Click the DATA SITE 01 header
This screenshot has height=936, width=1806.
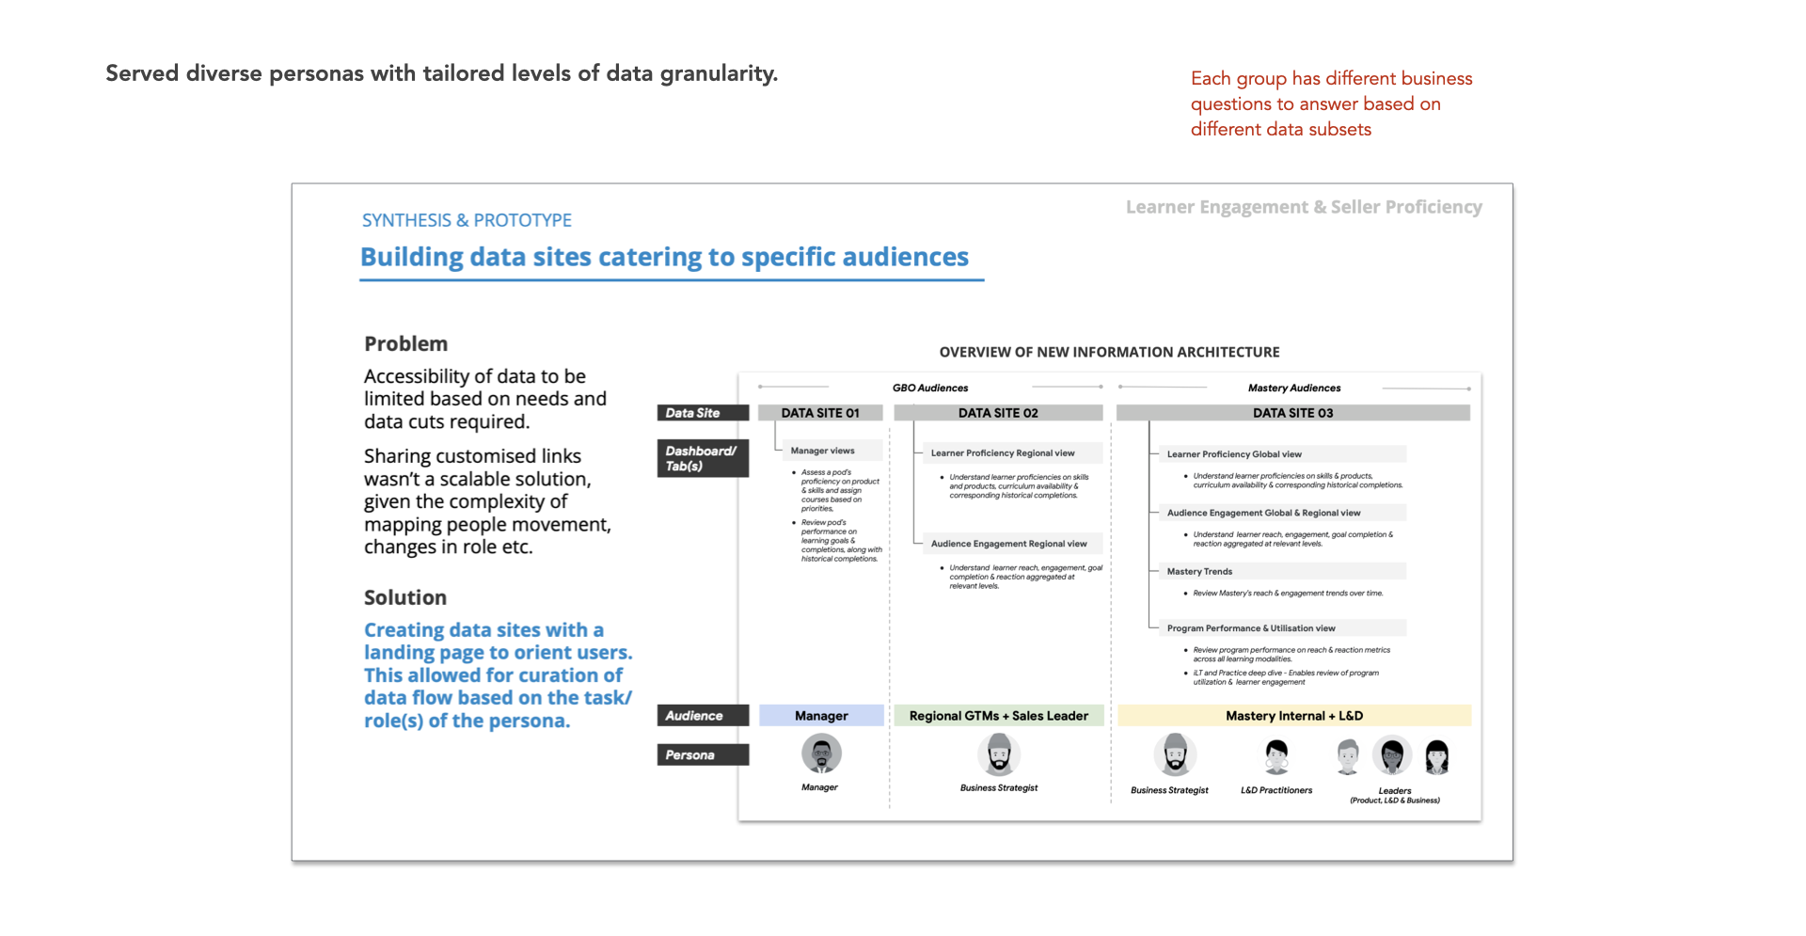coord(820,413)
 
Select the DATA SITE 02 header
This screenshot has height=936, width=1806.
coord(998,413)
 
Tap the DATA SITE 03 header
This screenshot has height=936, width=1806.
coord(1292,413)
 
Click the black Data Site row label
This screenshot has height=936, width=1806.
coord(703,413)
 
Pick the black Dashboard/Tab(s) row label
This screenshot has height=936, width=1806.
coord(703,458)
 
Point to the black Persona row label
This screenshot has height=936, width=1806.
coord(703,754)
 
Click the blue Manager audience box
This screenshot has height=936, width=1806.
coord(821,716)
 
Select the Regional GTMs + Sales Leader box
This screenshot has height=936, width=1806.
coord(998,716)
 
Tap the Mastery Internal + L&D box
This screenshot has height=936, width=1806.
coord(1293,716)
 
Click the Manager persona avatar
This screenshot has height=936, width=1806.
coord(821,754)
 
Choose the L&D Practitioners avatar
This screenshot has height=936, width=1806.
coord(1275,755)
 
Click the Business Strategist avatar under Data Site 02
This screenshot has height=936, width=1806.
coord(999,754)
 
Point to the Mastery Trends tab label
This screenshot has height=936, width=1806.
coord(1199,571)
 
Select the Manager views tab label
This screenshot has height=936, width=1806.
coord(822,451)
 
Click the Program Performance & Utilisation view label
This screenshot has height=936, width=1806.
coord(1251,627)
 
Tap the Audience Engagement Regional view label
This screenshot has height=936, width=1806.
coord(1008,544)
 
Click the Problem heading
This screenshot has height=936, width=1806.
coord(406,344)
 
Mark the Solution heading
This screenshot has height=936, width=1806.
coord(405,598)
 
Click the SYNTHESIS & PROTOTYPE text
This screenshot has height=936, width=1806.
coord(467,220)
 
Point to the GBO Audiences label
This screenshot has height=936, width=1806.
coord(929,388)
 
